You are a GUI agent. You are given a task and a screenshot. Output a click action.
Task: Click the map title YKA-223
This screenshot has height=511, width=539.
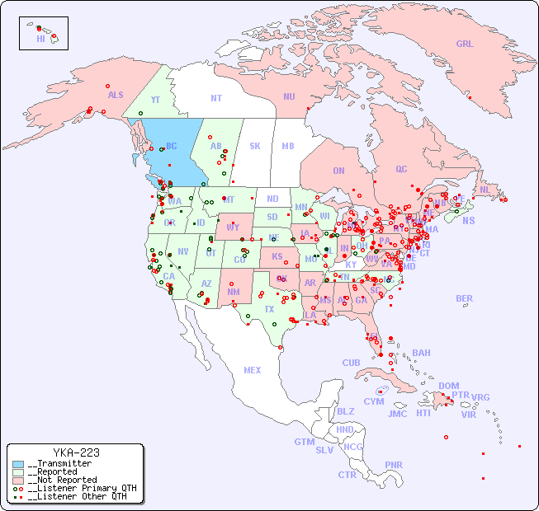(76, 452)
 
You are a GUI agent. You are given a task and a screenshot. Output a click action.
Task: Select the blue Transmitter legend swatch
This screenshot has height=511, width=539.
(18, 463)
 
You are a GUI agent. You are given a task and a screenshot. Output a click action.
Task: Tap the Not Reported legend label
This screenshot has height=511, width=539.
(62, 480)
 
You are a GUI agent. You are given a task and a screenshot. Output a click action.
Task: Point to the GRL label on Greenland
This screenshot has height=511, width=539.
(465, 45)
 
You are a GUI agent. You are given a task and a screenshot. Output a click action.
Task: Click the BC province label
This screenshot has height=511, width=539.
(172, 146)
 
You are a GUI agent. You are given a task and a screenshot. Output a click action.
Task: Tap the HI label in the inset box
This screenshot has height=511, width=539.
(40, 39)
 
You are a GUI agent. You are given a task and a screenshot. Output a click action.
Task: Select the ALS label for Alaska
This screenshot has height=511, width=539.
(116, 95)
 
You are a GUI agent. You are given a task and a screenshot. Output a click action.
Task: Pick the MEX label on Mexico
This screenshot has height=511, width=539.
(253, 370)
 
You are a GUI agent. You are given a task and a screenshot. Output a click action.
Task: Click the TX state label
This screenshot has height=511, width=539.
(269, 309)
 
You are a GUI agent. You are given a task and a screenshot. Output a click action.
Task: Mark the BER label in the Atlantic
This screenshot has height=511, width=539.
(464, 298)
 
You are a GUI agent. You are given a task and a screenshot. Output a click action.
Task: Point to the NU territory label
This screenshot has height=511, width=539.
(289, 96)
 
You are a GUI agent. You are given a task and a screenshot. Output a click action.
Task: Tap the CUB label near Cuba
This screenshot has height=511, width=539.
(352, 363)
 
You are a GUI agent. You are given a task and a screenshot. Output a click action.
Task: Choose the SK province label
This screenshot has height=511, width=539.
(255, 146)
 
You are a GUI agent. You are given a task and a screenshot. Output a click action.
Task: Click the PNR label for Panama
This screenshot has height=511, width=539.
(394, 465)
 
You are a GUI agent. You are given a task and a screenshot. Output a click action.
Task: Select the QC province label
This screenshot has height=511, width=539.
(401, 169)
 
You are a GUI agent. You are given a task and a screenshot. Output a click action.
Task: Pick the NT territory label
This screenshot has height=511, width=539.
(216, 98)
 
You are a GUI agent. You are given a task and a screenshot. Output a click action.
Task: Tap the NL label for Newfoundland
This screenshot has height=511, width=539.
(485, 190)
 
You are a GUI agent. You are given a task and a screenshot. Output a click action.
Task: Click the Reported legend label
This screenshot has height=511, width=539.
(57, 471)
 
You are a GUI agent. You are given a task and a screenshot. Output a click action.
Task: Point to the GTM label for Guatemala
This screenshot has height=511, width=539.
(304, 442)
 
